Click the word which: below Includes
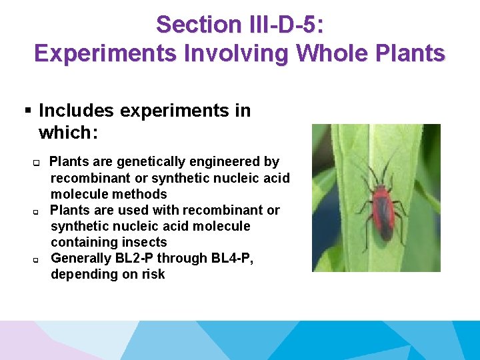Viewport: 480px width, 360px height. [x=69, y=133]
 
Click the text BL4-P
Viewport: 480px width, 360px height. [x=230, y=258]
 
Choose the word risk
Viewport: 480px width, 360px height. [x=153, y=274]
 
